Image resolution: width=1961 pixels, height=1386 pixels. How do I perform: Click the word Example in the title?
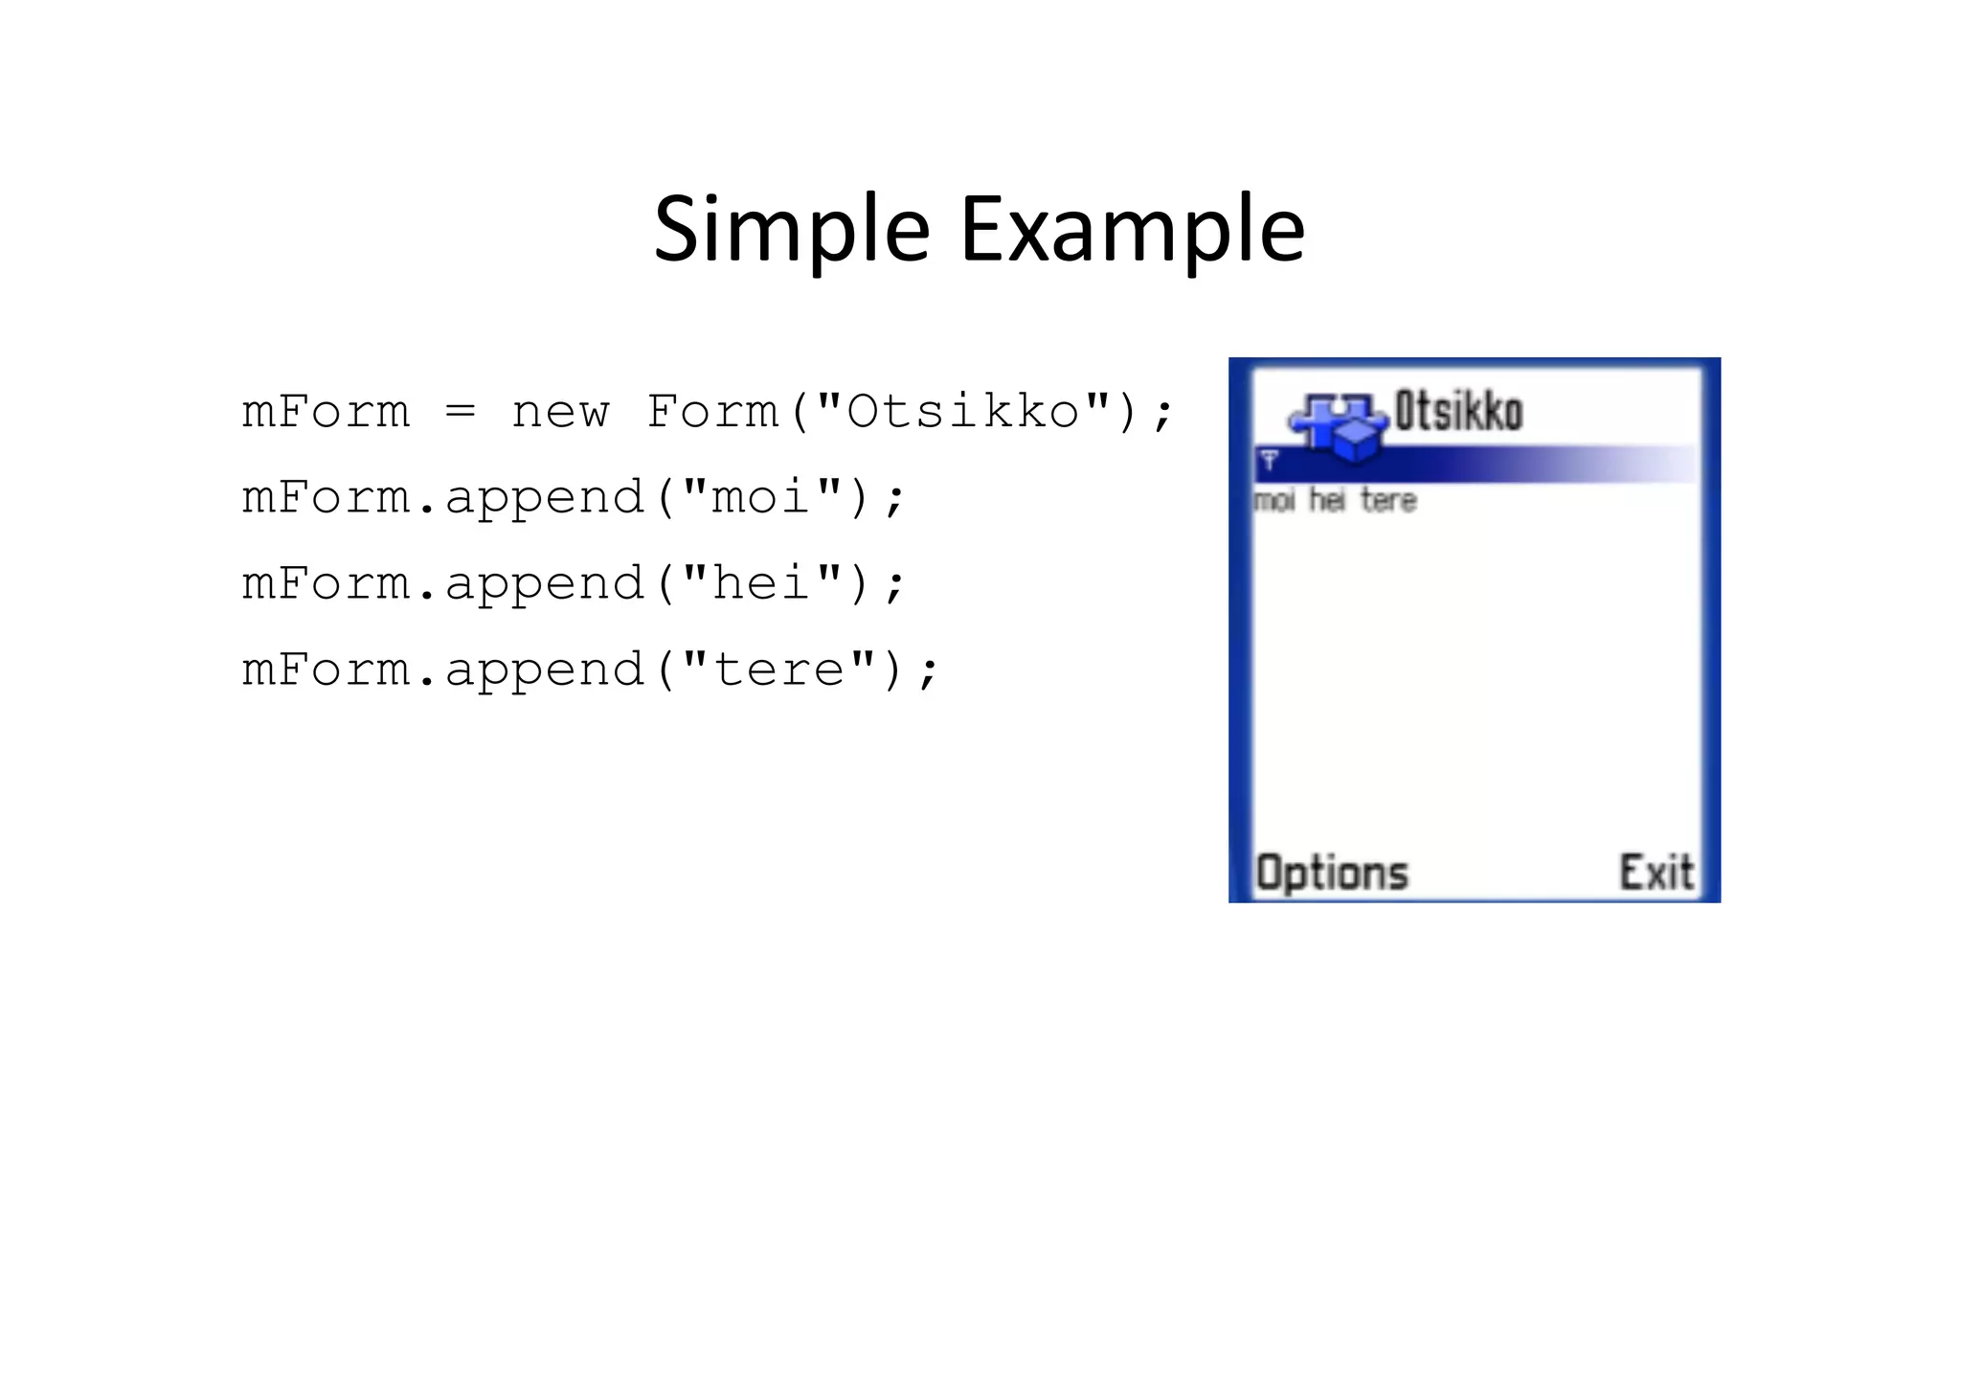pos(1132,230)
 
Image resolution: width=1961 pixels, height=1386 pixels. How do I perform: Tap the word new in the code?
pos(560,412)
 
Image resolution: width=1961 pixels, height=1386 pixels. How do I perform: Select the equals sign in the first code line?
pos(460,412)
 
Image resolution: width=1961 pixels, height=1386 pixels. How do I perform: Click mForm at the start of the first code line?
pos(326,412)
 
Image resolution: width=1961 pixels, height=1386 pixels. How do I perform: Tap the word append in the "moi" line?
pos(544,498)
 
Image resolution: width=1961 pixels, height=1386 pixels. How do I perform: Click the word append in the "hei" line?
pos(544,584)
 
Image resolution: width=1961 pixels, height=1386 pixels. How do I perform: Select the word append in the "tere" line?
pos(544,670)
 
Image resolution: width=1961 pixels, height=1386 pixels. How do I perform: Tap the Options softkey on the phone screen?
pos(1332,873)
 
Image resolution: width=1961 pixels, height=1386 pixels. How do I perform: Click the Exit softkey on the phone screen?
pos(1656,873)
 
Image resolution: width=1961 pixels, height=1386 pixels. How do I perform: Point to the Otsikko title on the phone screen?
pos(1458,412)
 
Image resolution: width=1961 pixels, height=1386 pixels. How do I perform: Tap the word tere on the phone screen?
pos(1388,500)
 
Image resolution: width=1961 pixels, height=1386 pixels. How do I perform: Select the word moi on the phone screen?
pos(1274,500)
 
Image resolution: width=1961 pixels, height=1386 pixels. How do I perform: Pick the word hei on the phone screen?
pos(1327,500)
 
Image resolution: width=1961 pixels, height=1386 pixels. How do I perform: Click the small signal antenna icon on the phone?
pos(1270,461)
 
